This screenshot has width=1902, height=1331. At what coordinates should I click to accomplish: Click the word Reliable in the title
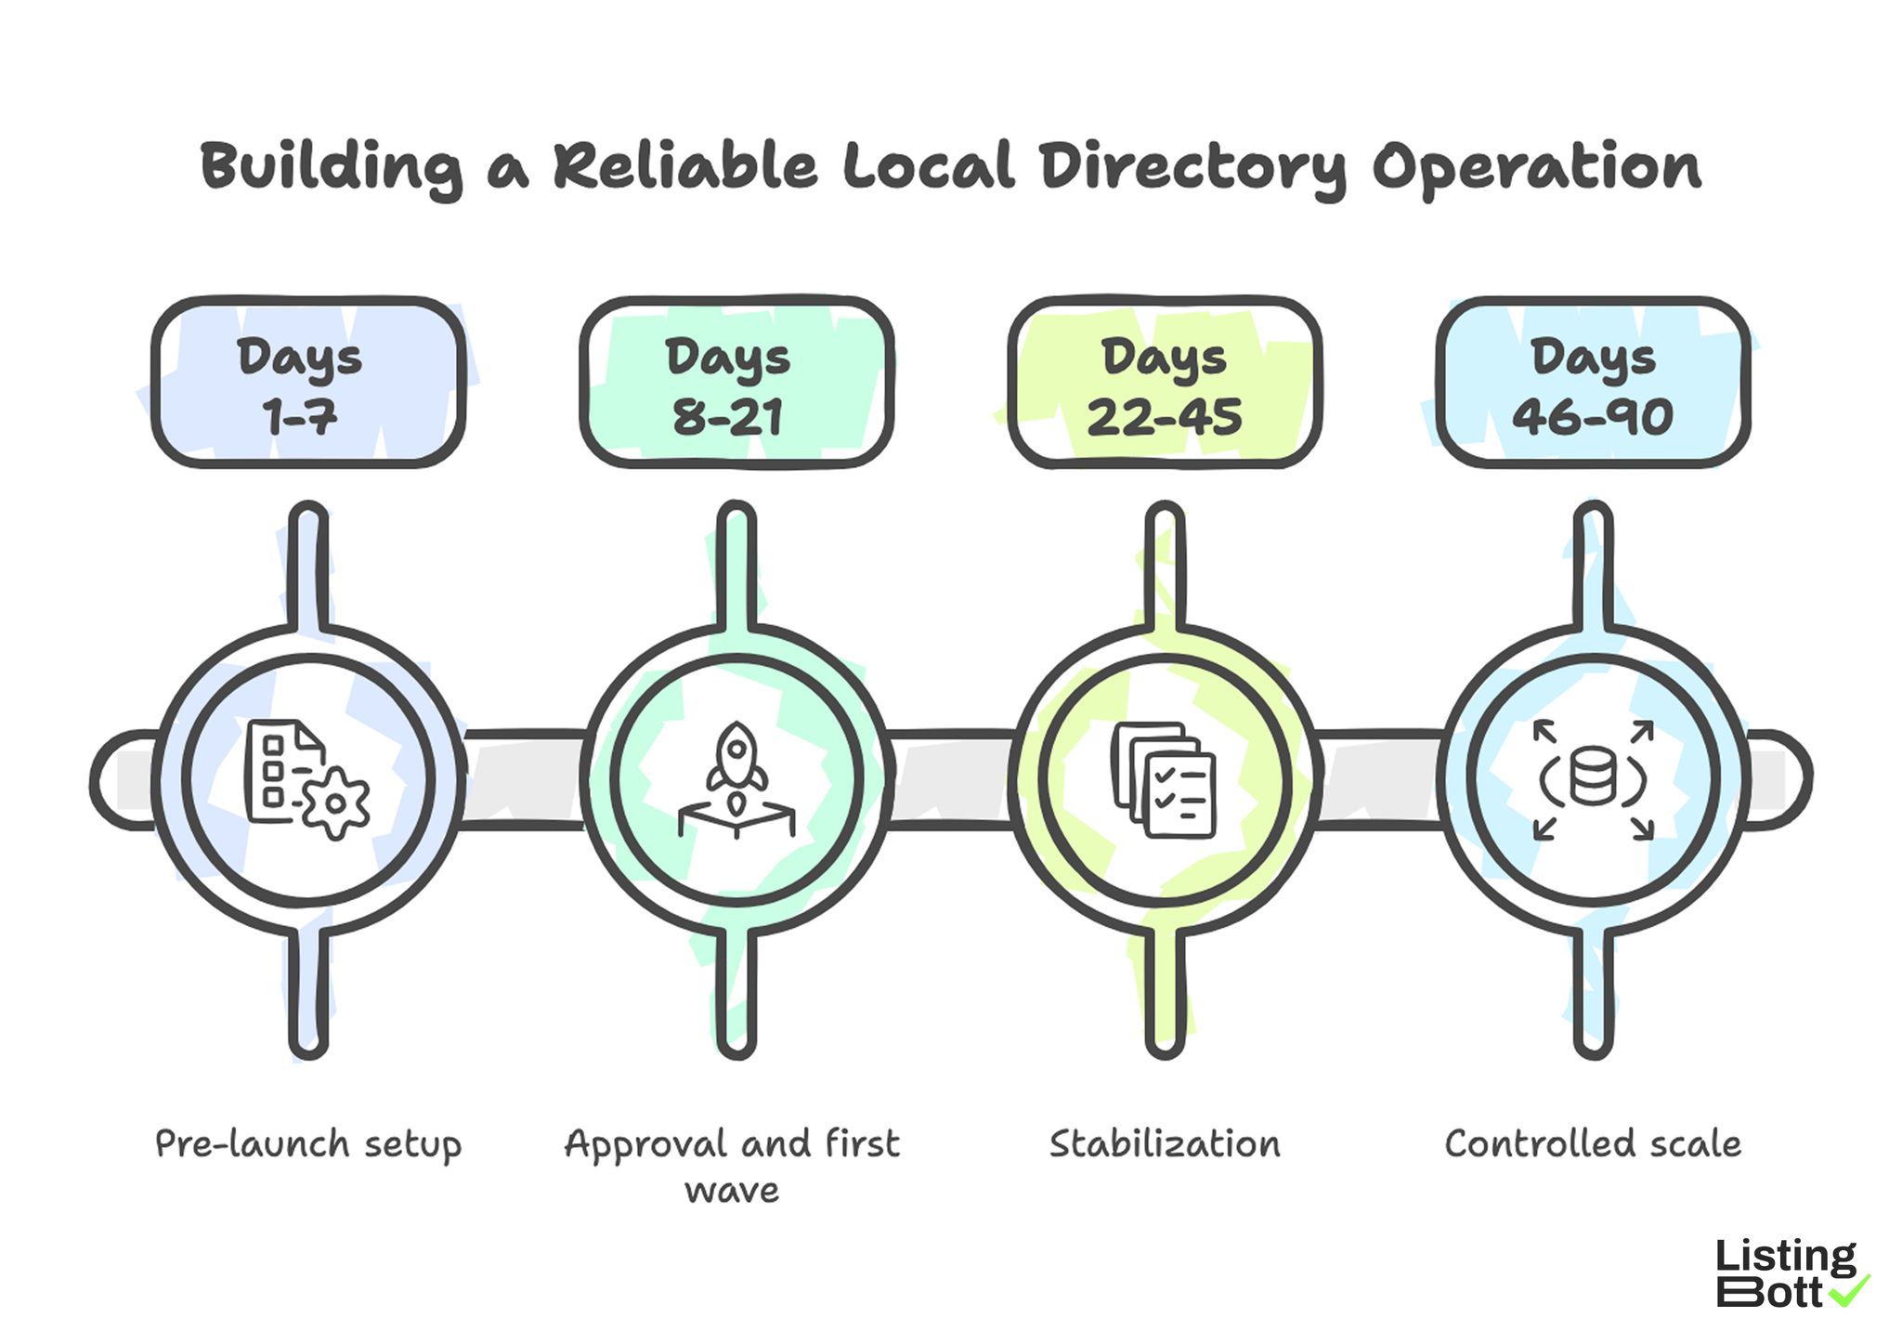(x=684, y=167)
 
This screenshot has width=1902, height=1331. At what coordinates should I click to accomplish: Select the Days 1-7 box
(x=307, y=382)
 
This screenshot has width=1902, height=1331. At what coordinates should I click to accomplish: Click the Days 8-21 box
(x=736, y=382)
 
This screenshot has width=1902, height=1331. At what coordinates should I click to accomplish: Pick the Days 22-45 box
(x=1165, y=382)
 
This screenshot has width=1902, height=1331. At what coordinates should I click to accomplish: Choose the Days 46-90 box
(x=1593, y=382)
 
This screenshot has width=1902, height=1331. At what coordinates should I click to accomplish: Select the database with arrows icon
(x=1593, y=778)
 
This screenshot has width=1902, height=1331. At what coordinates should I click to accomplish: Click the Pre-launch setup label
(x=307, y=1143)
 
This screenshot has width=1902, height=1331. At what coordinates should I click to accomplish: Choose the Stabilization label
(x=1165, y=1143)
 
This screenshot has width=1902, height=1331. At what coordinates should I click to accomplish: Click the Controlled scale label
(x=1593, y=1143)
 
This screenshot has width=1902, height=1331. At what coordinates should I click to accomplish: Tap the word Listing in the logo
(x=1785, y=1257)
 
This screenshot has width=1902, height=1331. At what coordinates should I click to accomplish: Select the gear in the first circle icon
(x=336, y=803)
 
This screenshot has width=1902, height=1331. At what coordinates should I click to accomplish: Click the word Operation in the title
(x=1537, y=167)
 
